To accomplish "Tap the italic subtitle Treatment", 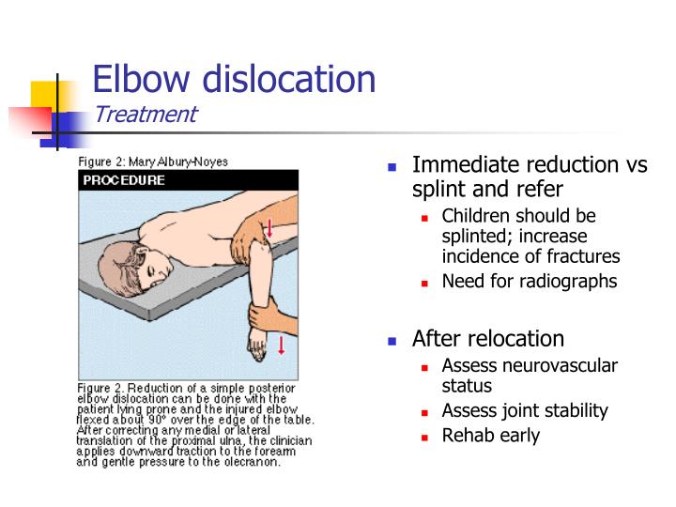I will [x=145, y=115].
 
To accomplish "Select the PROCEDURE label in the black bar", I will [x=125, y=180].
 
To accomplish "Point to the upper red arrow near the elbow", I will [x=269, y=228].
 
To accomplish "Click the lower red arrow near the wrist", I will [x=281, y=345].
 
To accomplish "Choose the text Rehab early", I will [x=490, y=436].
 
